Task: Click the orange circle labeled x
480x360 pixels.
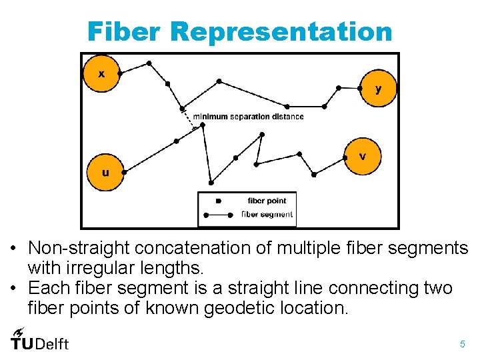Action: pos(101,73)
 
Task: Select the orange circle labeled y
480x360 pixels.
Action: pos(378,88)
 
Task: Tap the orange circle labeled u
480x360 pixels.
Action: pos(105,173)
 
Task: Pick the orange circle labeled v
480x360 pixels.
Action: pos(362,157)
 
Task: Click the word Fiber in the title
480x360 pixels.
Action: pos(125,31)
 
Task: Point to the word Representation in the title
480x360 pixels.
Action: pos(282,31)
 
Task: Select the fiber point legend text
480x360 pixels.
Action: pos(267,201)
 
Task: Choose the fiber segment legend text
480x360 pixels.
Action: pos(267,215)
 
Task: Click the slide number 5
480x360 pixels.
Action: pos(462,345)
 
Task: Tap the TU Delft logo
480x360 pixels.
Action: pos(39,340)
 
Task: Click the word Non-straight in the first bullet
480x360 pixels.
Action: pos(78,249)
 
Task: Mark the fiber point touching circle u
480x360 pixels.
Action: pos(124,171)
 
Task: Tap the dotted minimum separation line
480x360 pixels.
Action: pos(192,118)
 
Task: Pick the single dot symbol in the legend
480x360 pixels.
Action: pos(218,201)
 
